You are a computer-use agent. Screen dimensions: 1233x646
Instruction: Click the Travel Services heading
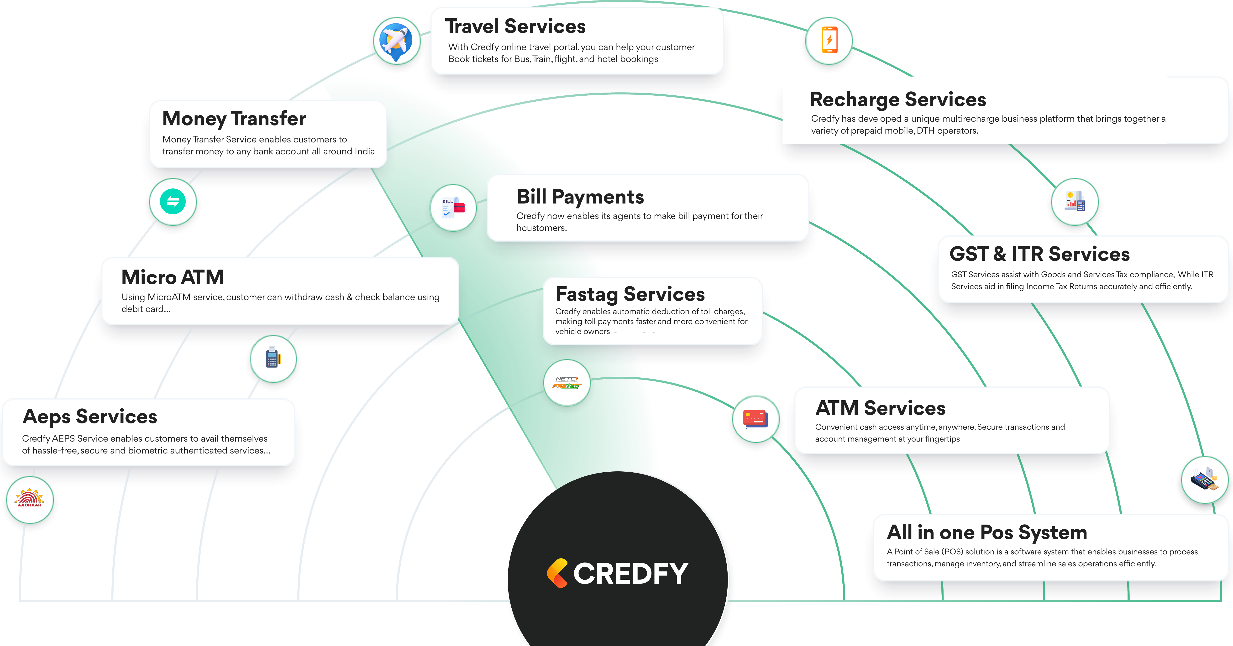515,26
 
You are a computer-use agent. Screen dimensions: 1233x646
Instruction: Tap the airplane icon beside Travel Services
396,41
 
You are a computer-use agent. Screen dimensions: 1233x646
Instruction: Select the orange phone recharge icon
829,40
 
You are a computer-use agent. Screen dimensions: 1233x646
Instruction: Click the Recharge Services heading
898,99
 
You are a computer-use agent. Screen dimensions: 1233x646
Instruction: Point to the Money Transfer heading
234,119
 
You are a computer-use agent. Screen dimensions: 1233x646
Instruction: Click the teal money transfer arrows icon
173,201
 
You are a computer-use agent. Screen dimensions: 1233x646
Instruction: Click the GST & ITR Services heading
1040,254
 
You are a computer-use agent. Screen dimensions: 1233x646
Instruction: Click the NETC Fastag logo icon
567,382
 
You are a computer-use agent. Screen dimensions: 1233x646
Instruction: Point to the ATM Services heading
880,408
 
